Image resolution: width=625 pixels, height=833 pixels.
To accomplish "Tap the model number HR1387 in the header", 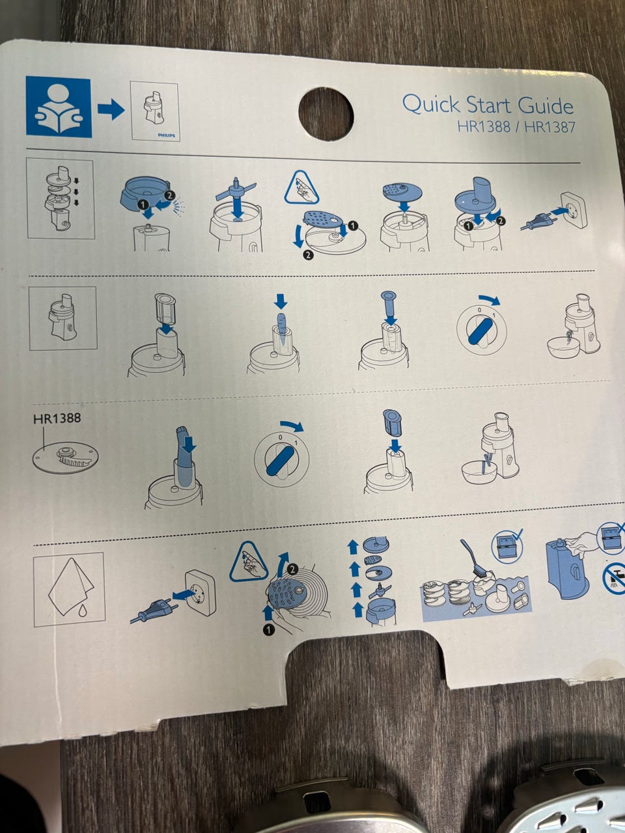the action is [x=550, y=127].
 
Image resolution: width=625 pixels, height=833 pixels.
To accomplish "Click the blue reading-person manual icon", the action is [x=59, y=107].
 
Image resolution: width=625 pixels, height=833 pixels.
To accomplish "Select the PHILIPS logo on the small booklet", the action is [x=167, y=135].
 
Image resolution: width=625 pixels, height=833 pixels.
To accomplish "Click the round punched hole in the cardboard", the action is [x=326, y=113].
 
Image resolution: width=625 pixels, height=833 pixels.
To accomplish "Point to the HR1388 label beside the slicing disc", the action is [x=57, y=418].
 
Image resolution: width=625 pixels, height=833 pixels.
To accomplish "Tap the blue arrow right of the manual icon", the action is [x=111, y=110].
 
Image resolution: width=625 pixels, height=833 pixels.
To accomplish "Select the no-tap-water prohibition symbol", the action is [x=614, y=579].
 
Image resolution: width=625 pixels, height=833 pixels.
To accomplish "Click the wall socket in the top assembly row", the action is [x=573, y=210].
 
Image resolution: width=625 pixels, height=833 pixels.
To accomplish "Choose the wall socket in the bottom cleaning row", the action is [x=201, y=593].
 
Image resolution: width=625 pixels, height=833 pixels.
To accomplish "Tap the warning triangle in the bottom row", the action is [x=248, y=562].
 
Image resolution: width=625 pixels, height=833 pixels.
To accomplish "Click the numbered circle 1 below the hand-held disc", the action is [x=268, y=629].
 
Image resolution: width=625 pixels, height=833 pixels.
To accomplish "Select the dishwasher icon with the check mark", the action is [x=507, y=547].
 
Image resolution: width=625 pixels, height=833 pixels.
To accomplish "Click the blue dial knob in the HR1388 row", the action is [x=281, y=460].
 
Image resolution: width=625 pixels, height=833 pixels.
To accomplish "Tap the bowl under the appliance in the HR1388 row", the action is [x=479, y=471].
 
